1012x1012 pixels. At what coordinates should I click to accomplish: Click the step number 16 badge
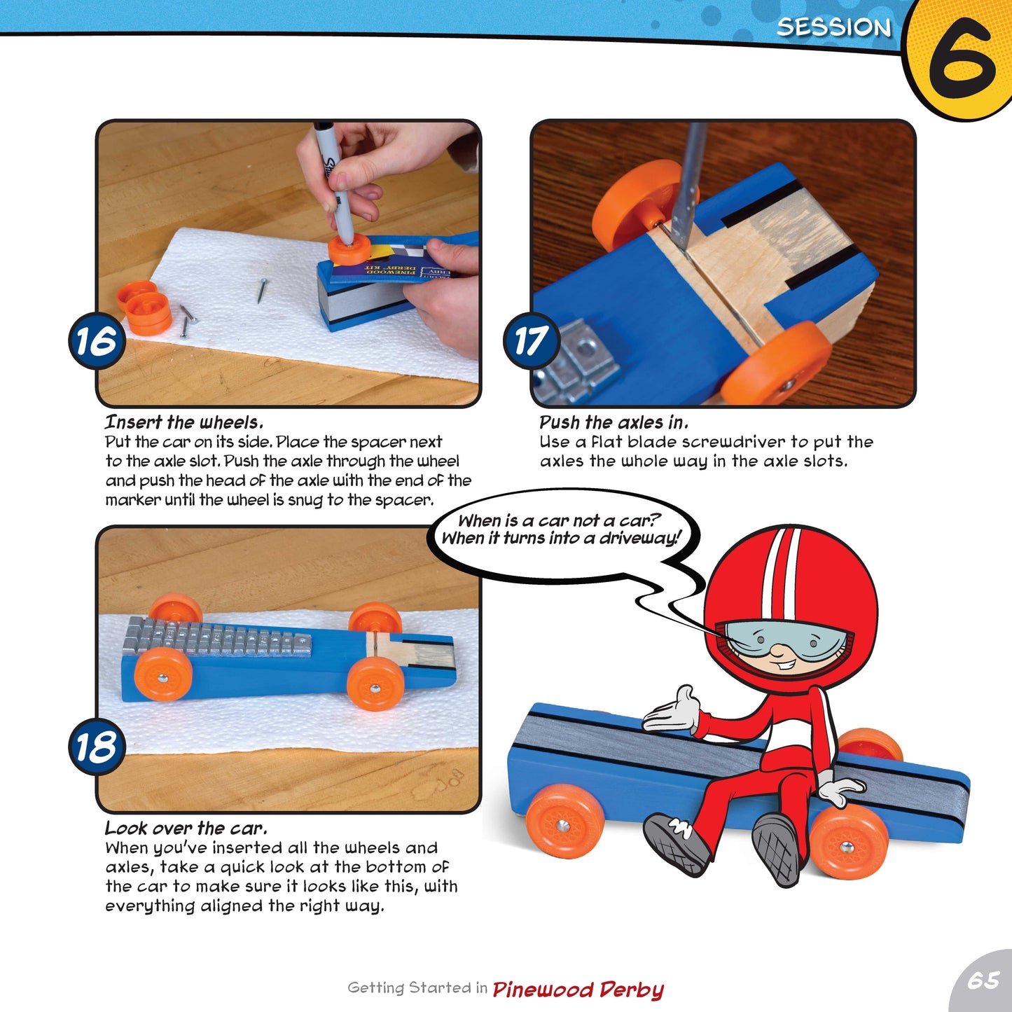click(x=97, y=341)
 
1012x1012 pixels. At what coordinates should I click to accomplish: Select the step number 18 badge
click(x=97, y=747)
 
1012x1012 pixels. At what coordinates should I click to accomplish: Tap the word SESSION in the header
click(x=834, y=27)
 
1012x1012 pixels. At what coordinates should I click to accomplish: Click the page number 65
click(x=984, y=980)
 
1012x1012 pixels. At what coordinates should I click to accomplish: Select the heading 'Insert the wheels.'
click(x=183, y=422)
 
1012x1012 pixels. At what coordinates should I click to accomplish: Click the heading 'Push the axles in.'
click(x=614, y=422)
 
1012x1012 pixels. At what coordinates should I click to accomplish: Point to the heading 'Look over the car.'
click(x=186, y=829)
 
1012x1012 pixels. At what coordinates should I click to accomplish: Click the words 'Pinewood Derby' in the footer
click(x=578, y=990)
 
